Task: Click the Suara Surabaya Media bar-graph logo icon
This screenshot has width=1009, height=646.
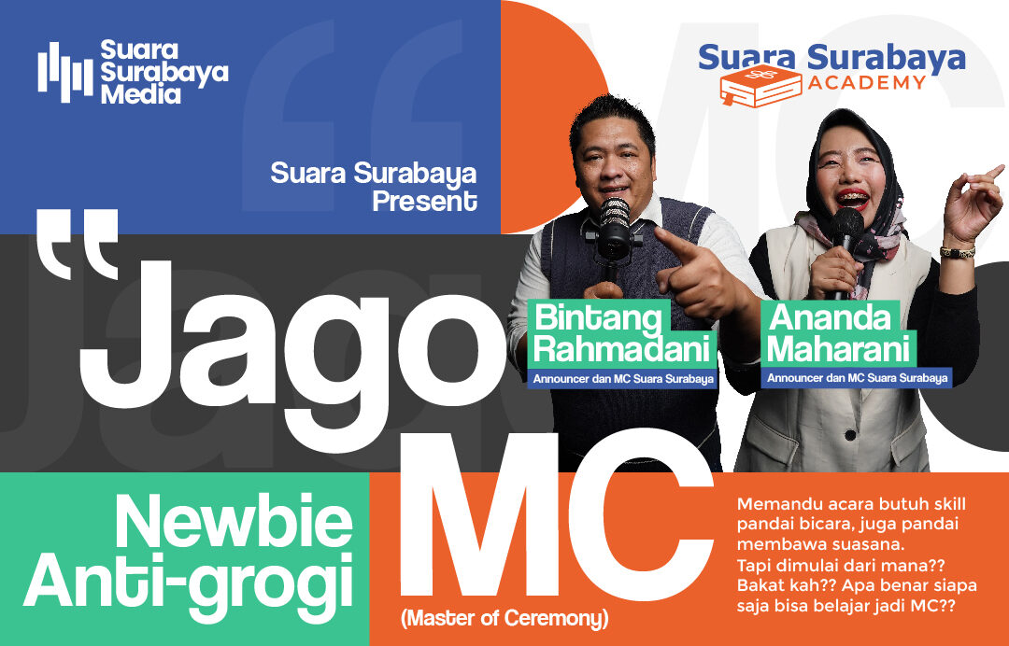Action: [x=65, y=72]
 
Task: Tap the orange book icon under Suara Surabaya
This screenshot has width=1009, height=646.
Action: [x=760, y=86]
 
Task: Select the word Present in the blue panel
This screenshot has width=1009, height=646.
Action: [x=424, y=201]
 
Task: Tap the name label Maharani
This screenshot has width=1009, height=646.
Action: [x=839, y=350]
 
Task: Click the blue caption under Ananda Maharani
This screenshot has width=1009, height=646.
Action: [x=857, y=378]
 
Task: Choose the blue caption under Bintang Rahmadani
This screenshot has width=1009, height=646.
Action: [x=623, y=379]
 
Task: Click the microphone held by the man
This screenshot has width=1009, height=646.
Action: [x=615, y=232]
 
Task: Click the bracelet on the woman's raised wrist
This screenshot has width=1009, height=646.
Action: [x=957, y=252]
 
